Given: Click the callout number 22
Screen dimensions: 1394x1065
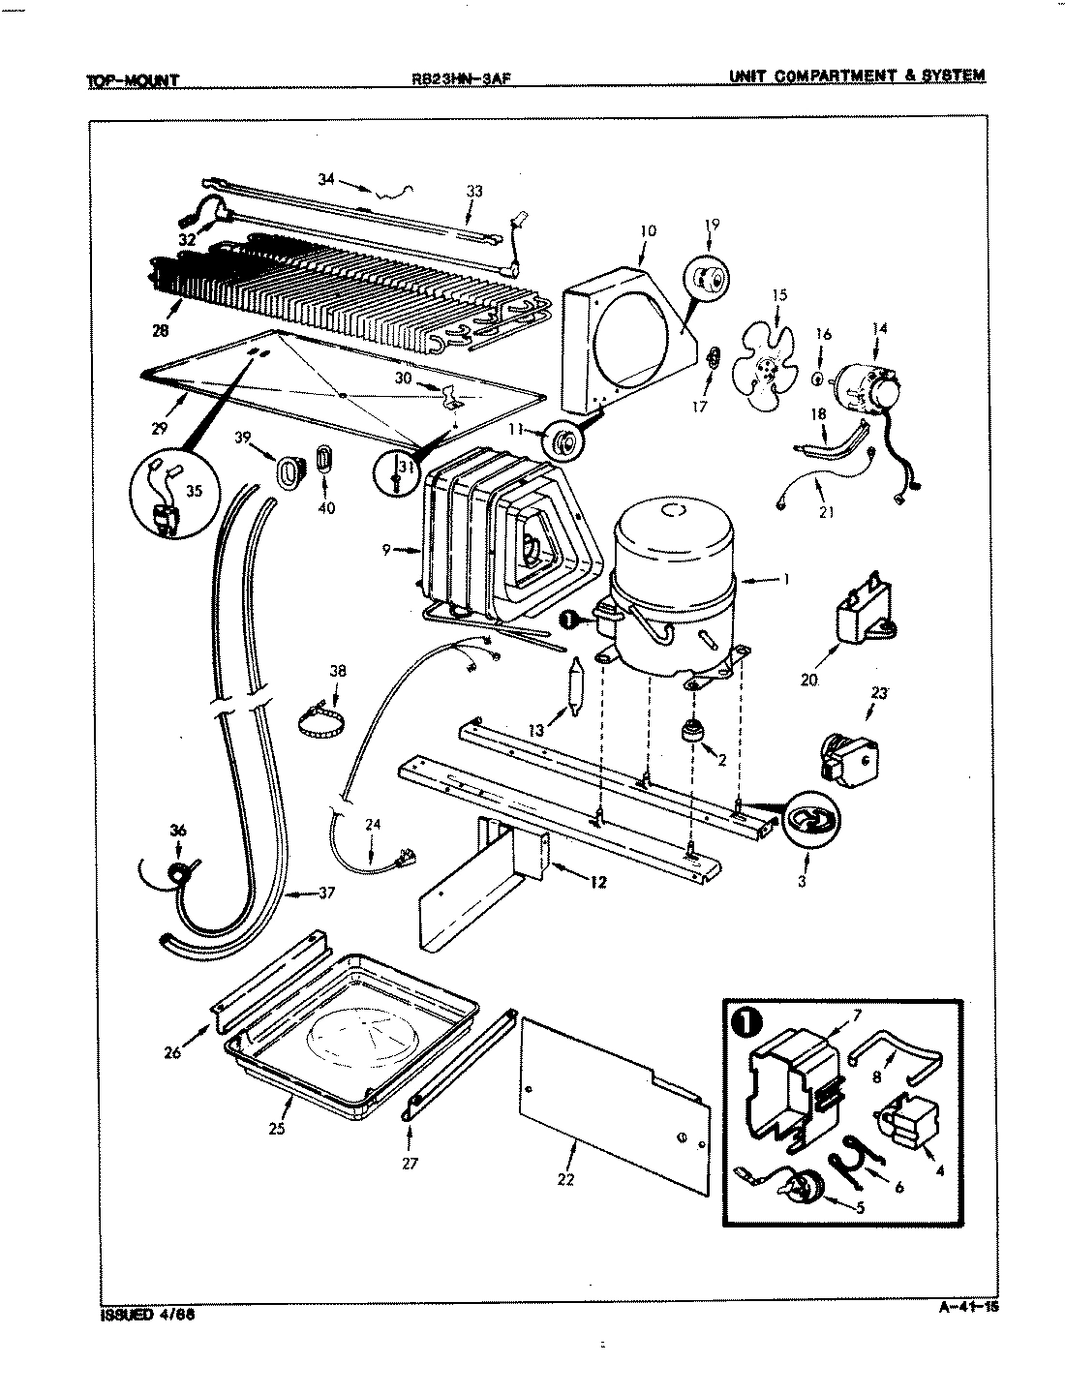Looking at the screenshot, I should pyautogui.click(x=566, y=1178).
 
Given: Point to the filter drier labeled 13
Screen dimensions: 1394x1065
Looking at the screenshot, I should pyautogui.click(x=574, y=687).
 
